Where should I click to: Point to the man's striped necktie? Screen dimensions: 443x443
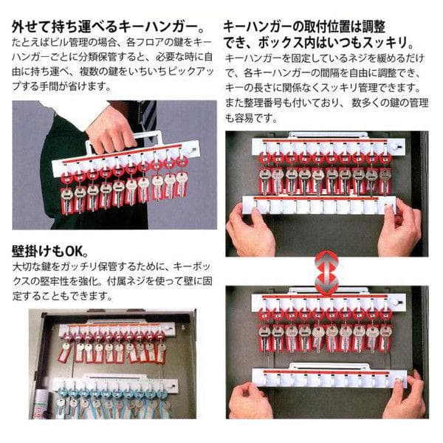pos(148,114)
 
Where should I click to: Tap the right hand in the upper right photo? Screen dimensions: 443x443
pos(402,225)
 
